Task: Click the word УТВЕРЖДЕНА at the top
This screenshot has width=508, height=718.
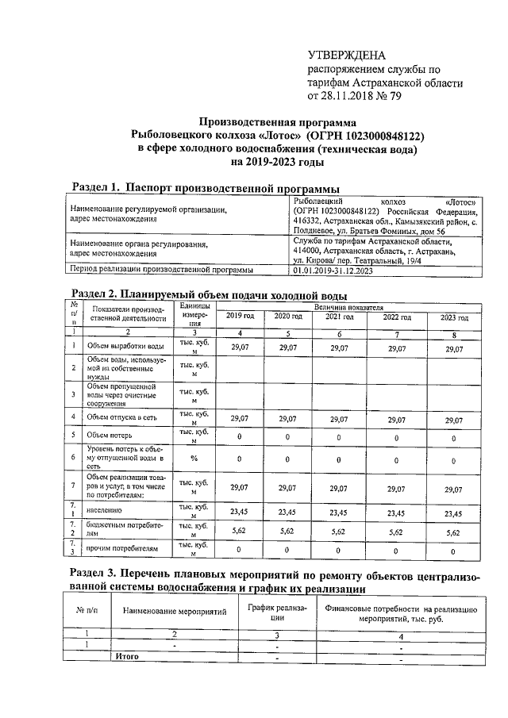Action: [346, 55]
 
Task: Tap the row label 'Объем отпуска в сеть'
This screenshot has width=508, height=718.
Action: [125, 417]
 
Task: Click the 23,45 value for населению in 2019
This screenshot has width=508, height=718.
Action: [240, 512]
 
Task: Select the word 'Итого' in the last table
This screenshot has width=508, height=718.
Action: [128, 657]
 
